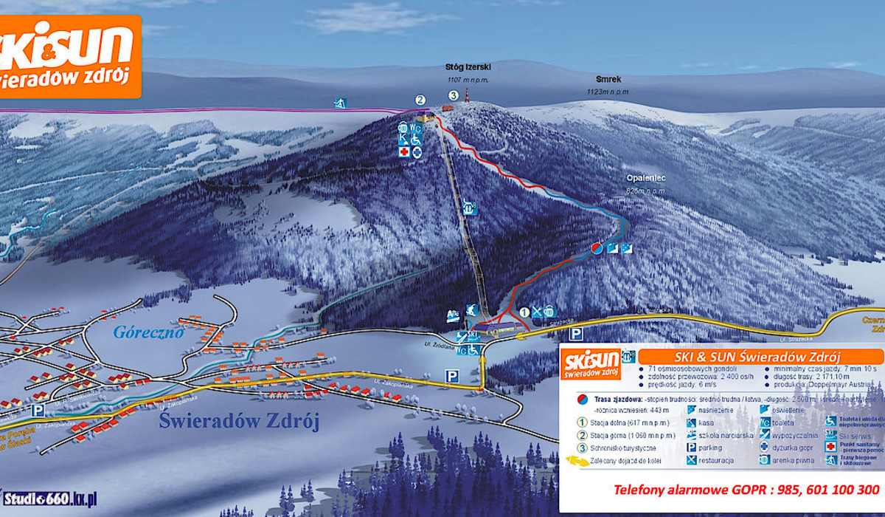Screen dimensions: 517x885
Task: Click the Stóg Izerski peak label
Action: pyautogui.click(x=468, y=66)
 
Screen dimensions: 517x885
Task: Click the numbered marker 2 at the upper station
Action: pyautogui.click(x=420, y=100)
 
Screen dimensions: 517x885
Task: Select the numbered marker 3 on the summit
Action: pyautogui.click(x=454, y=95)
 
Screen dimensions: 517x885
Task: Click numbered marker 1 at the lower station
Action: pyautogui.click(x=524, y=312)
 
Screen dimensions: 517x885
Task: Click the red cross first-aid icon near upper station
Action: pyautogui.click(x=403, y=152)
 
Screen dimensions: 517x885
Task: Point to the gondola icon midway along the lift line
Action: pyautogui.click(x=470, y=209)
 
